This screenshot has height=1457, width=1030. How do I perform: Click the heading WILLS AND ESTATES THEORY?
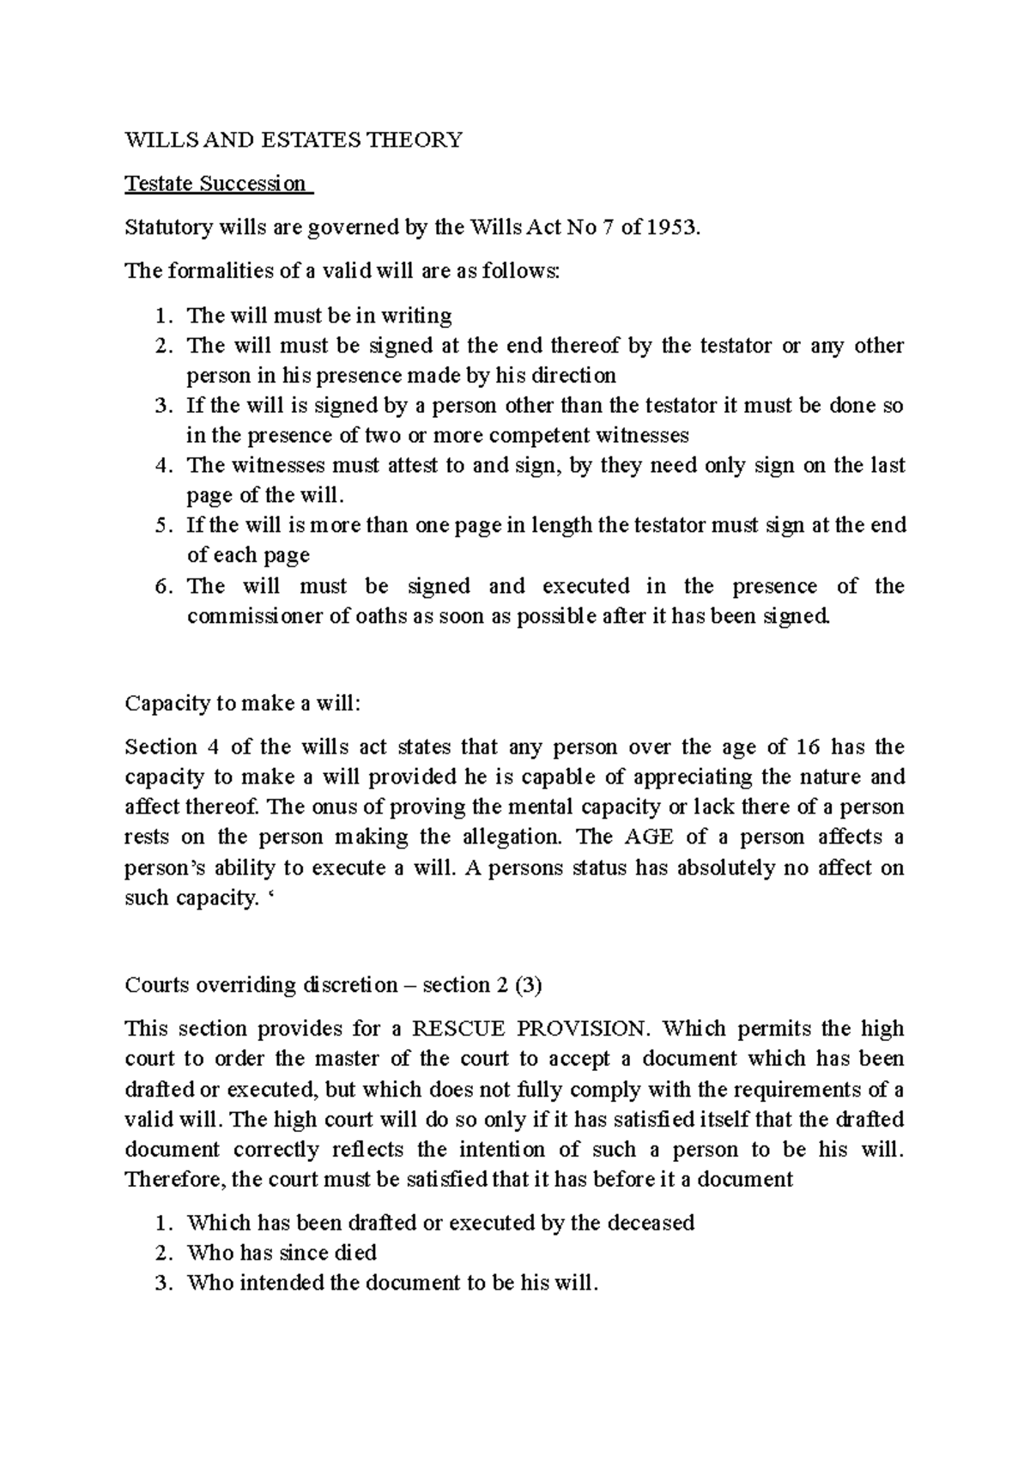click(x=294, y=139)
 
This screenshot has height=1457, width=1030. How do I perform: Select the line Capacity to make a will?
click(x=244, y=704)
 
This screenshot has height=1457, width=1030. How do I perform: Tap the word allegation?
click(x=511, y=837)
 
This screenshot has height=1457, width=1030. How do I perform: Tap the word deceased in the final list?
click(x=650, y=1223)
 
